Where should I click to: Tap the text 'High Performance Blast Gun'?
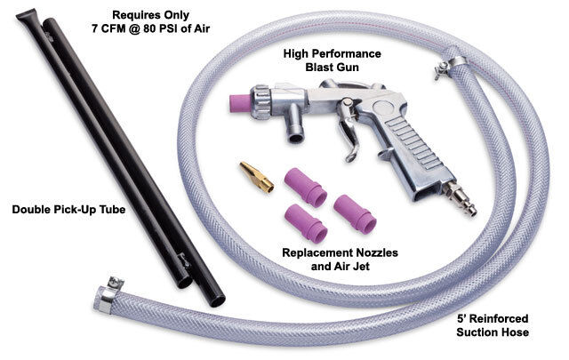coord(333,60)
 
